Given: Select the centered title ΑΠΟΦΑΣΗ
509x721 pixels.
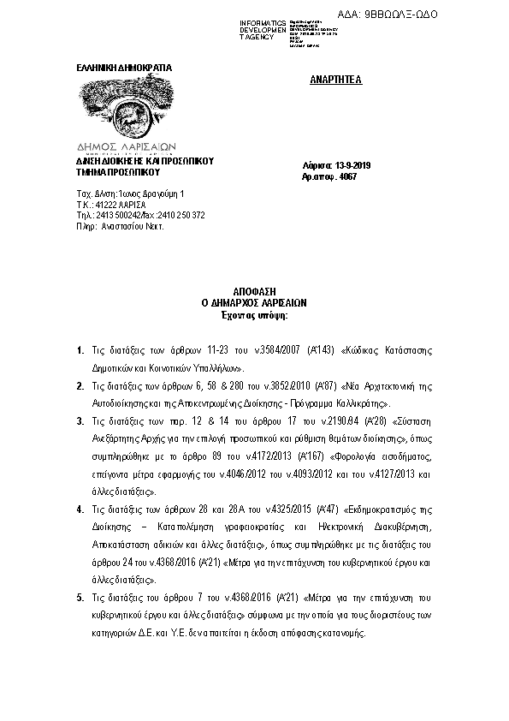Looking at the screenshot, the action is (x=253, y=292).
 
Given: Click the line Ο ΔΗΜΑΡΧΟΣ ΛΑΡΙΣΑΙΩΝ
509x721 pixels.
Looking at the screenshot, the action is (x=253, y=302).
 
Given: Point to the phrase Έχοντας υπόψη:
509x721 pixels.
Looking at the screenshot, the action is (x=253, y=313).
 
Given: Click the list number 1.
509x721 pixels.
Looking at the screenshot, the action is (x=79, y=351).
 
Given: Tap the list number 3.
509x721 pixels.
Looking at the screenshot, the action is (x=79, y=420).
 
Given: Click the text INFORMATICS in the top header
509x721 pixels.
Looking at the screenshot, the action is (x=263, y=21).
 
